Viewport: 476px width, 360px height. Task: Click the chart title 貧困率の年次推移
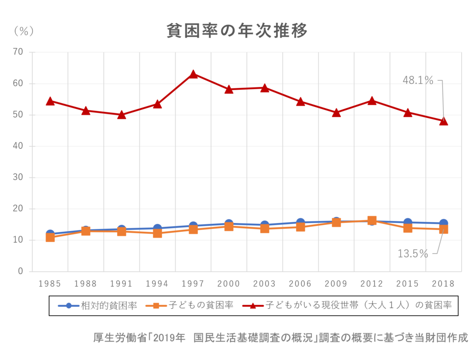pyautogui.click(x=237, y=32)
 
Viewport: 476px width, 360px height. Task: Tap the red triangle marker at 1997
pyautogui.click(x=193, y=74)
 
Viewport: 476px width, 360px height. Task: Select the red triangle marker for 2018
pyautogui.click(x=443, y=121)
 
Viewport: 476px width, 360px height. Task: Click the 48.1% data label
pyautogui.click(x=418, y=80)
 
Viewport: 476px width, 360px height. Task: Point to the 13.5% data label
pyautogui.click(x=412, y=254)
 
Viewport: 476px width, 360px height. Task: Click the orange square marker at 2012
pyautogui.click(x=372, y=221)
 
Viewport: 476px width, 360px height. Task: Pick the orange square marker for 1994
pyautogui.click(x=158, y=233)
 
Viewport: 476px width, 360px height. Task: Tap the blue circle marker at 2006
pyautogui.click(x=300, y=223)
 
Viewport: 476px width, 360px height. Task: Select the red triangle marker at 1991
pyautogui.click(x=122, y=115)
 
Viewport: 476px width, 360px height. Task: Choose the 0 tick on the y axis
pyautogui.click(x=20, y=271)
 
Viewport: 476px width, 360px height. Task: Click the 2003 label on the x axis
pyautogui.click(x=265, y=284)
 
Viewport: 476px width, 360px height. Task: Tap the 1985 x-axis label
pyautogui.click(x=50, y=284)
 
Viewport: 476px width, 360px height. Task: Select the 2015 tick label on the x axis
pyautogui.click(x=408, y=284)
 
